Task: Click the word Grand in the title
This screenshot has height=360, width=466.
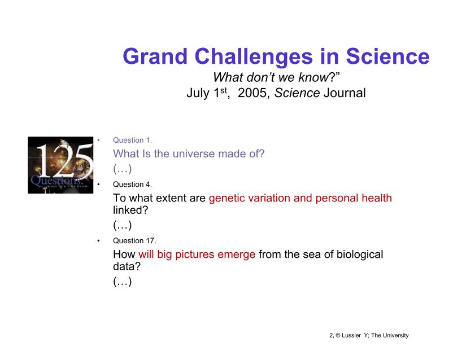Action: [x=155, y=56]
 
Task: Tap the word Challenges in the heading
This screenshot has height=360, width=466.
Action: [x=253, y=56]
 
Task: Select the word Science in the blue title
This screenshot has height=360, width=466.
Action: [x=387, y=56]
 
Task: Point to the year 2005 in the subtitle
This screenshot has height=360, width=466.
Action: [x=252, y=93]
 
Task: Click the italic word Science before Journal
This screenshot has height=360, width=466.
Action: [x=297, y=93]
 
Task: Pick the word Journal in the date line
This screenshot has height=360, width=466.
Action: [x=345, y=93]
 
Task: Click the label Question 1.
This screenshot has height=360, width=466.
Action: [x=132, y=140]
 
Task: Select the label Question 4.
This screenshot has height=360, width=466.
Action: [x=132, y=185]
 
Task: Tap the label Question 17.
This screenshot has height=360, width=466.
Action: [x=134, y=240]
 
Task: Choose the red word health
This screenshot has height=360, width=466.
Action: [x=376, y=198]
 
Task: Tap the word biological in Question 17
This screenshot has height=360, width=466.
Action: [x=360, y=254]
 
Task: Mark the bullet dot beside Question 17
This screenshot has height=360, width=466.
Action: [x=98, y=241]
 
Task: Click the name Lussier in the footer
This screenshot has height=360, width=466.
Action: [x=351, y=335]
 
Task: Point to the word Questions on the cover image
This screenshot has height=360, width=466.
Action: [x=56, y=180]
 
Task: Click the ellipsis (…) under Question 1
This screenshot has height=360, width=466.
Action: [x=122, y=169]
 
